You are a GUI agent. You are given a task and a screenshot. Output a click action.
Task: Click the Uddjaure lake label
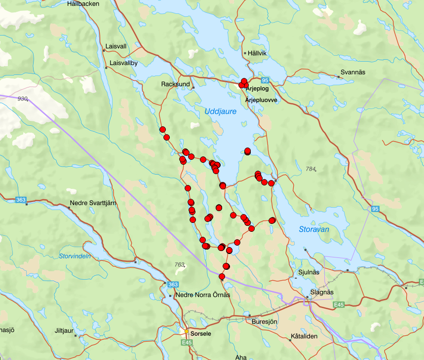[x=221, y=112]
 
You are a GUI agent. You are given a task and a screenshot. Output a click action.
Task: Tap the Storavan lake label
[x=313, y=229]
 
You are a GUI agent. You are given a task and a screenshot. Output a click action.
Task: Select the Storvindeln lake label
[x=75, y=256]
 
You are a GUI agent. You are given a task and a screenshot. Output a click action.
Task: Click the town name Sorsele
[x=201, y=333]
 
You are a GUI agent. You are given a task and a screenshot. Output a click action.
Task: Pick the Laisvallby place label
[x=123, y=63]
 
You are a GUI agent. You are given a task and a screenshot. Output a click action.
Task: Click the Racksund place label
[x=175, y=84]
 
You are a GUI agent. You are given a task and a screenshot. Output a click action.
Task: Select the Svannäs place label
[x=354, y=72]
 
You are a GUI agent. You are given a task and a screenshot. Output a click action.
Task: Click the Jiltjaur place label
[x=65, y=331]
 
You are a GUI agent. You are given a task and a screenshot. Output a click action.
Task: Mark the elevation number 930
[x=23, y=99]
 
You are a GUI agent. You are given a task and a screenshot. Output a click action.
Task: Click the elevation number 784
[x=310, y=169]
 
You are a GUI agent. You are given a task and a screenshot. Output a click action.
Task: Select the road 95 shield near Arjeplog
[x=265, y=80]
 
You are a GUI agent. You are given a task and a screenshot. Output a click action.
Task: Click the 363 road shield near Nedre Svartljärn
[x=20, y=200]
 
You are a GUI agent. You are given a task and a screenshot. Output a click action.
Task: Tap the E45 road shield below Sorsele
[x=186, y=342]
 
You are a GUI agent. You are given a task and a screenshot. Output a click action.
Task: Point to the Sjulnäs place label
[x=309, y=272]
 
